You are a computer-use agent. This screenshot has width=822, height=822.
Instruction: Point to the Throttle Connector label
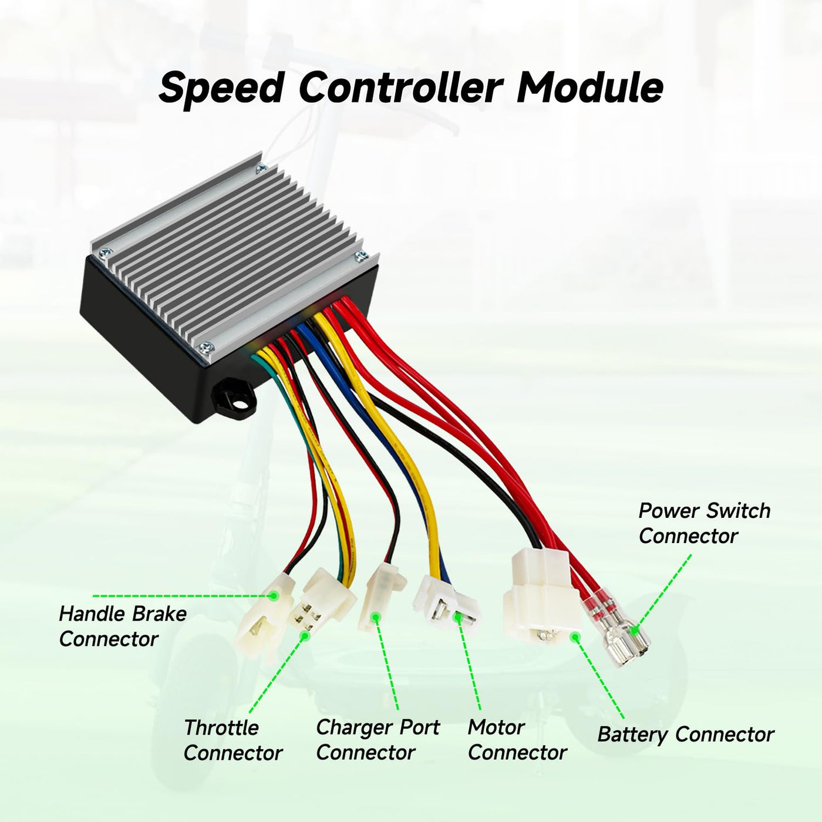point(233,740)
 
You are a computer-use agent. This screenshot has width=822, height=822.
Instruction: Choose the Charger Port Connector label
point(377,740)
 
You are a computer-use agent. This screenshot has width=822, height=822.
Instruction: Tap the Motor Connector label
point(517,740)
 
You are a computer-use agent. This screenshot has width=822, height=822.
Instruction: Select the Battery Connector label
point(685,735)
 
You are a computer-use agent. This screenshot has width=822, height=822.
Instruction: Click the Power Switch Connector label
point(704,523)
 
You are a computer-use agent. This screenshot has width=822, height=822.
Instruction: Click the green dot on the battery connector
point(575,636)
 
